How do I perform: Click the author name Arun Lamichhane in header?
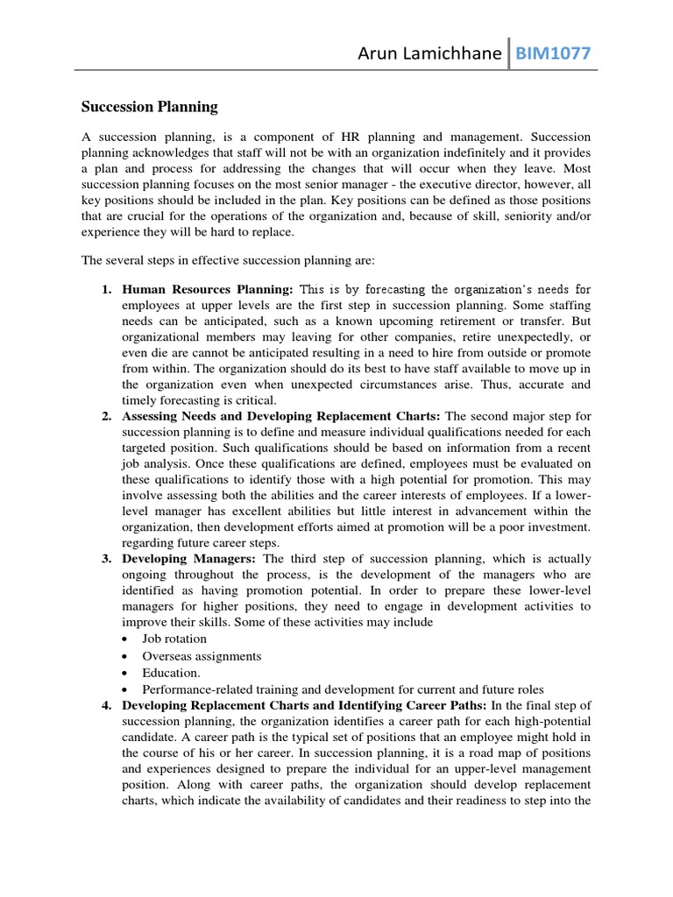point(429,55)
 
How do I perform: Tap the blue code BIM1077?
point(552,55)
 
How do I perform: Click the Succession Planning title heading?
point(149,107)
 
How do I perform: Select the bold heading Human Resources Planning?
point(208,288)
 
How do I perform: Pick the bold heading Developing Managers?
point(189,558)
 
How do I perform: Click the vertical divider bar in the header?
point(509,54)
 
